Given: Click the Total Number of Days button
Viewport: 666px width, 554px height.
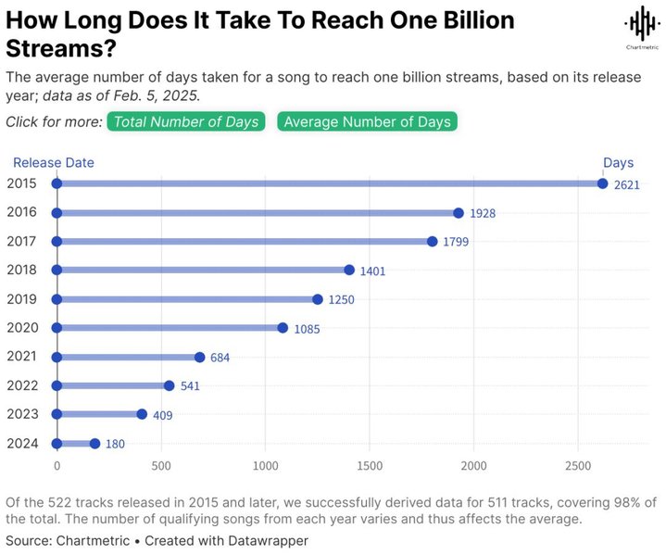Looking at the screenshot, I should click(186, 121).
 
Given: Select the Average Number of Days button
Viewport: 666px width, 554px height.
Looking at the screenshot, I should click(368, 121).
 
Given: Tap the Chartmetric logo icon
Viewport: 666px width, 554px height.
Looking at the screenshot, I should click(638, 25).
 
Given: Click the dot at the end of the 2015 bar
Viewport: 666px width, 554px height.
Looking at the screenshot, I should click(603, 183).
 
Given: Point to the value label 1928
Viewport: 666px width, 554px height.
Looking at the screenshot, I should click(482, 213).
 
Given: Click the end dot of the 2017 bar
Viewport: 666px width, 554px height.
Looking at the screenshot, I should click(433, 241).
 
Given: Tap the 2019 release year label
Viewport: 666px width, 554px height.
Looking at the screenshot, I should click(21, 298).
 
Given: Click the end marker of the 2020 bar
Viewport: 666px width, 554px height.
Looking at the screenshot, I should click(283, 328).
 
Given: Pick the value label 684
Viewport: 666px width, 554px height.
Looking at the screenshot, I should click(220, 358).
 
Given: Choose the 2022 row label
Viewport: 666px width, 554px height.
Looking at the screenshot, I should click(21, 384).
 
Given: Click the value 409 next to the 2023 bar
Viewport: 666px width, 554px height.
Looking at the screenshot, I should click(162, 415).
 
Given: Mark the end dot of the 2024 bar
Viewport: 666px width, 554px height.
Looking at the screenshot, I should click(94, 444).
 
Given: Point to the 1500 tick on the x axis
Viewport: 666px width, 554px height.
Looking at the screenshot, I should click(370, 465).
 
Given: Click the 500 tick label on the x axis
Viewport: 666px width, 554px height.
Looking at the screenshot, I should click(161, 465).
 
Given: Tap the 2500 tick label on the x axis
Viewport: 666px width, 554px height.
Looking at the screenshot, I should click(578, 465).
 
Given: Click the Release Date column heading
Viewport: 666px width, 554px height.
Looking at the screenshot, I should click(54, 162).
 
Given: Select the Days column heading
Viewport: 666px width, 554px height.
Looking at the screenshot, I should click(619, 162).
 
